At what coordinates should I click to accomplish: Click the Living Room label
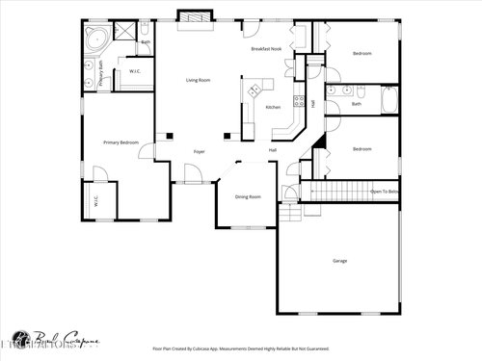click(199, 80)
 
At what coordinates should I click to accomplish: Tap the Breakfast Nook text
click(266, 48)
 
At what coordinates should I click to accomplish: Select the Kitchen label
click(273, 107)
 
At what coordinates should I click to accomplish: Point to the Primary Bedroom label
click(121, 142)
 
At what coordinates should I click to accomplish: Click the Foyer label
click(199, 151)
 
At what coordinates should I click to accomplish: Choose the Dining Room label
click(248, 196)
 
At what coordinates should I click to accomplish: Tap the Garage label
click(339, 260)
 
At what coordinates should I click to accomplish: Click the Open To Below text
click(385, 192)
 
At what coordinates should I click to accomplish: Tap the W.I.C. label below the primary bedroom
click(97, 202)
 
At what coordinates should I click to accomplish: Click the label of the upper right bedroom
click(361, 53)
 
